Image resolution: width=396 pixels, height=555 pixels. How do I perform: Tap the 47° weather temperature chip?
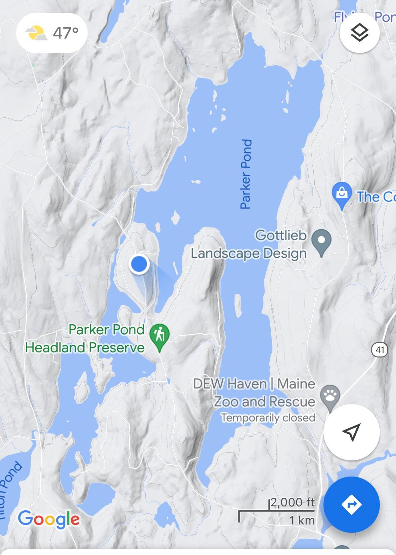point(52,33)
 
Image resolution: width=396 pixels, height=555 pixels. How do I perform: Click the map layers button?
point(359,33)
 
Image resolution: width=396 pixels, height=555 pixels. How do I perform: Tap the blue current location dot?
point(139,264)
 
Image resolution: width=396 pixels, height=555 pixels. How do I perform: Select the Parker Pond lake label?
point(246,174)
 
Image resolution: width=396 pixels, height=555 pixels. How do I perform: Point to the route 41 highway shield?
point(380,350)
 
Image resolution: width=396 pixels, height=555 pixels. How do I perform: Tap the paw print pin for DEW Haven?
point(330,396)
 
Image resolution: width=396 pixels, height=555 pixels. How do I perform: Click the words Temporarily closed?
point(268,418)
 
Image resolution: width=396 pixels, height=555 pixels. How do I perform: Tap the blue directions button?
point(351,504)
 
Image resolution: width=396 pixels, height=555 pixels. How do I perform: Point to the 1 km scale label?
point(302,520)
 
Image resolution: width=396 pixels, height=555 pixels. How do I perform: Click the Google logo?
point(49,519)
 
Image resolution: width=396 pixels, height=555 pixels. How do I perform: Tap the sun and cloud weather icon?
point(36,33)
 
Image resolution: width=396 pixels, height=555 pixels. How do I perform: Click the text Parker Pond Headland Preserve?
point(85,338)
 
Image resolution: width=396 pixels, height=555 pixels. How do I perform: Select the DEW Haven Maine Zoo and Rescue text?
point(254,393)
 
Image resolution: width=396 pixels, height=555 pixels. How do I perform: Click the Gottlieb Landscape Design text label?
point(249,244)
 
